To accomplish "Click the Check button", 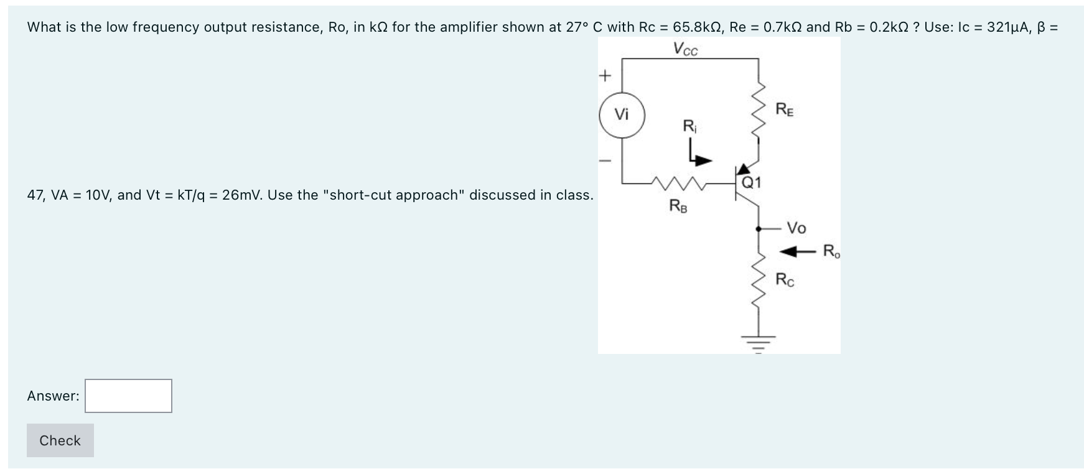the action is click(60, 440).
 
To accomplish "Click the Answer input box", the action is click(128, 396).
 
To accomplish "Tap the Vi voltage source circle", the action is click(622, 115).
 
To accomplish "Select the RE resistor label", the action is click(785, 110).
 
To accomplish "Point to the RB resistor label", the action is click(678, 205).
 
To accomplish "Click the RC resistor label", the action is click(785, 280).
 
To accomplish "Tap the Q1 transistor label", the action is click(751, 183).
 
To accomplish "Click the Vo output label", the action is click(797, 228).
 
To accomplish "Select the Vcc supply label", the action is click(686, 49).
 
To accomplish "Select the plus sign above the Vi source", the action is click(604, 76).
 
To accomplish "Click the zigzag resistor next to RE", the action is click(759, 112).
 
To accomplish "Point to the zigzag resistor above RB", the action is click(678, 183).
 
